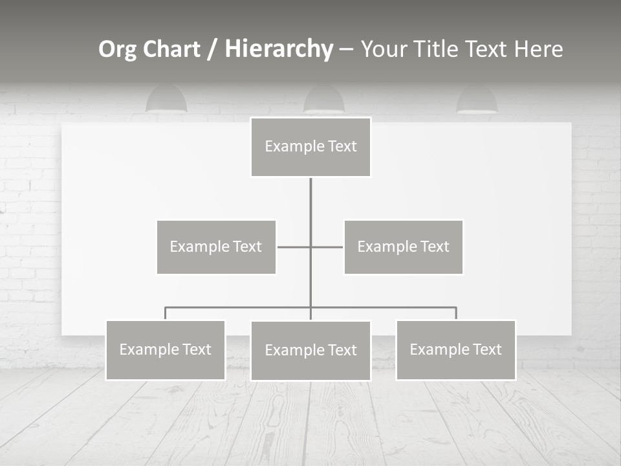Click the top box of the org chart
(x=310, y=147)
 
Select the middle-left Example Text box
(x=216, y=247)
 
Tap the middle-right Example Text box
(x=403, y=247)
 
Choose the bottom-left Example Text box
(x=165, y=350)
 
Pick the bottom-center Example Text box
(x=310, y=351)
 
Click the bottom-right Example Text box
(x=455, y=350)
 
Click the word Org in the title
(x=117, y=49)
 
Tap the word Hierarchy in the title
(x=279, y=49)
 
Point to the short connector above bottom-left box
(x=165, y=313)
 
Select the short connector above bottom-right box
(x=456, y=313)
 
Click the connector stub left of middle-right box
(x=327, y=247)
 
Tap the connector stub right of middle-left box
(x=293, y=247)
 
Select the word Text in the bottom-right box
(x=486, y=349)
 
